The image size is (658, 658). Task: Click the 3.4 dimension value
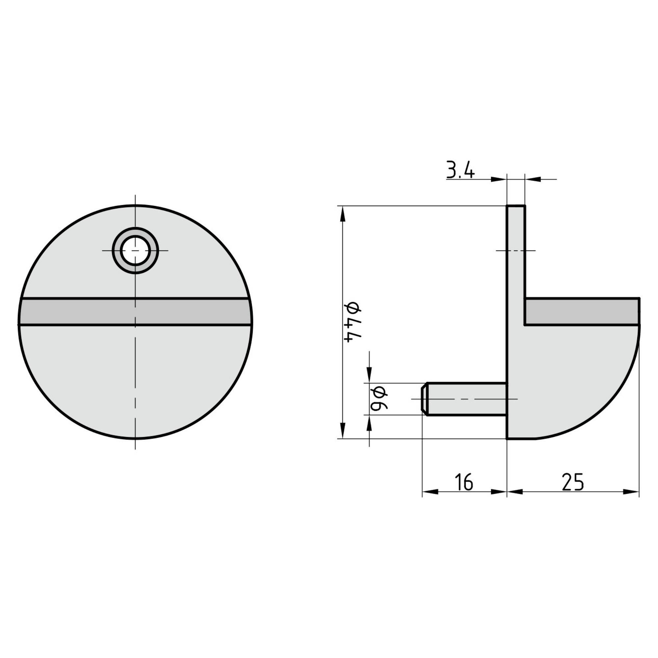[x=460, y=171]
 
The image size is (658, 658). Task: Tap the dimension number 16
[x=465, y=482]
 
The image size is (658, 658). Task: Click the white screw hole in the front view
[x=135, y=250]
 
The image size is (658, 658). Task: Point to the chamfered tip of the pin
[x=424, y=399]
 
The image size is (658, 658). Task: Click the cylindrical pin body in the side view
[x=467, y=399]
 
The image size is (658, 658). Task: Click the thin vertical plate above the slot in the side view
[x=516, y=252]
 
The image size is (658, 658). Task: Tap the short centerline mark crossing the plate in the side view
[x=516, y=250]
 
